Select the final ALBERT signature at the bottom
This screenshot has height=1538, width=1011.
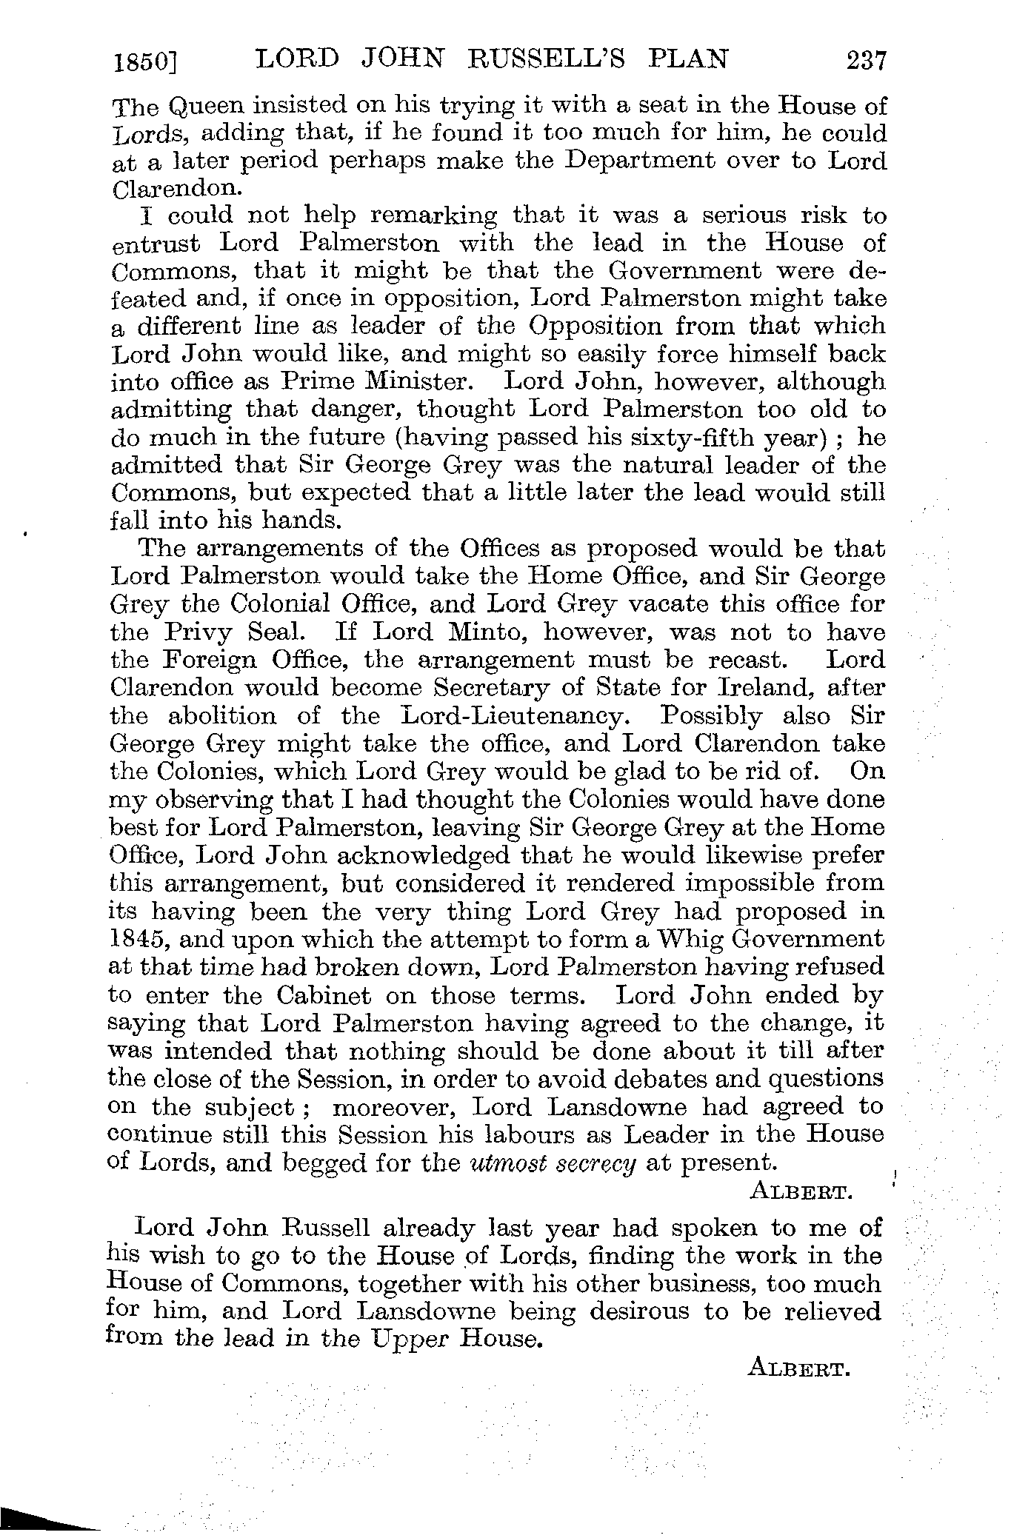797,1369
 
